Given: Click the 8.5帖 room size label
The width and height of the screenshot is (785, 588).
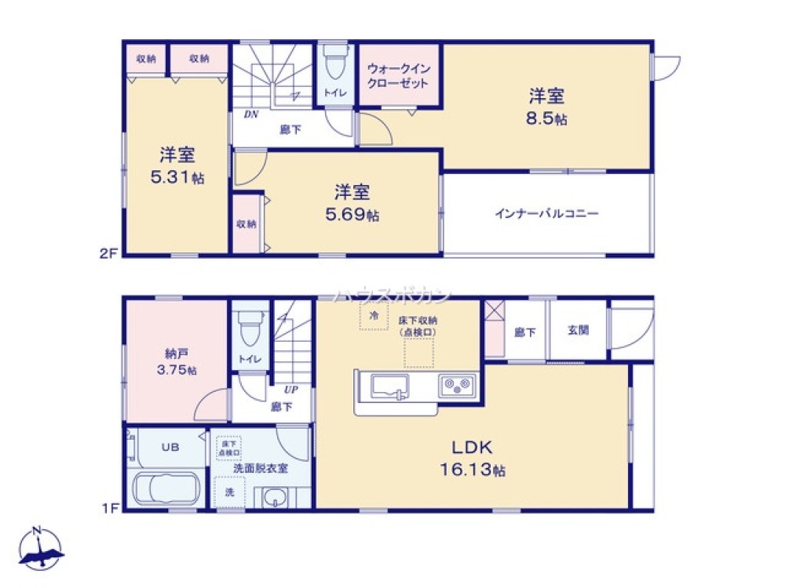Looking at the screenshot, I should [x=548, y=120].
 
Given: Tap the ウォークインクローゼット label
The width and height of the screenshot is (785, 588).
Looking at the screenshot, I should [x=398, y=75].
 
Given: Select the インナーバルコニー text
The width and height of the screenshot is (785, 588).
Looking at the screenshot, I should [x=547, y=212].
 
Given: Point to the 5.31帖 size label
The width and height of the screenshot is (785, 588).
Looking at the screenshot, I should [x=178, y=177].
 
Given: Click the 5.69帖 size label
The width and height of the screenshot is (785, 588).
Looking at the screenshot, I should [x=352, y=214].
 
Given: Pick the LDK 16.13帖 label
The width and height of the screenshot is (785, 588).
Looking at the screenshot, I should [x=471, y=459].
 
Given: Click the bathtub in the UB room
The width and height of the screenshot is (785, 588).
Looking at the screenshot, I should [x=166, y=488].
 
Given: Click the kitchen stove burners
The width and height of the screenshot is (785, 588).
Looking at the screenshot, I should [x=455, y=385].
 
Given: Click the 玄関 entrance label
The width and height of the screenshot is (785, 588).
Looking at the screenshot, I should [x=579, y=330].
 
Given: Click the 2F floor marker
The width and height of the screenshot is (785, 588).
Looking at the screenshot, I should [x=109, y=254].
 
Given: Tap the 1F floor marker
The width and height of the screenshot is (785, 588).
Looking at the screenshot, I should [x=109, y=508].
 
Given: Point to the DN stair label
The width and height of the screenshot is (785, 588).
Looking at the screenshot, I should [x=251, y=114].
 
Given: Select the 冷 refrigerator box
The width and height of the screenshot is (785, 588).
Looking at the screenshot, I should [x=374, y=316].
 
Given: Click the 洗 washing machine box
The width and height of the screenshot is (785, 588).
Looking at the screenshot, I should [x=230, y=493].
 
